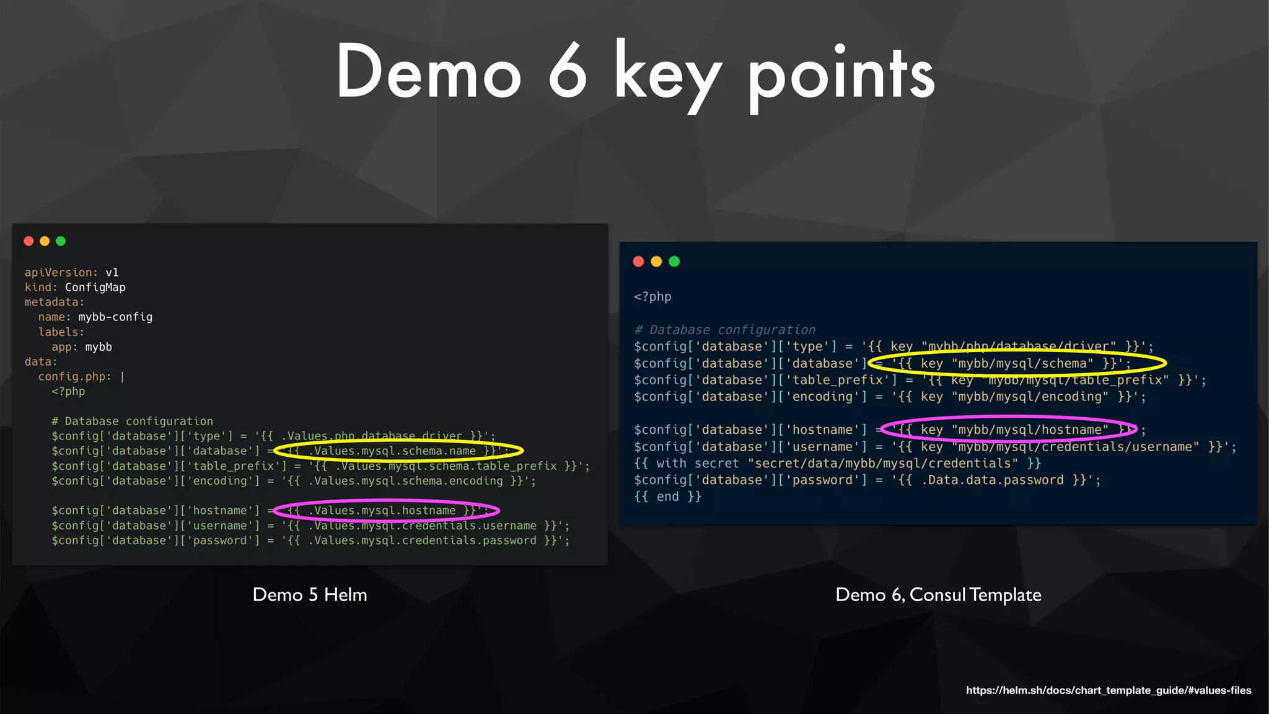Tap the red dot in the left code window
[x=29, y=241]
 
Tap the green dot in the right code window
[x=674, y=262]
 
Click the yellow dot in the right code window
[x=656, y=262]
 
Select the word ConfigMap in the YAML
[x=95, y=288]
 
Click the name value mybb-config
[x=115, y=317]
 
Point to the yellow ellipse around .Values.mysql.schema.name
[x=398, y=451]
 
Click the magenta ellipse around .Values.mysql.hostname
[x=386, y=511]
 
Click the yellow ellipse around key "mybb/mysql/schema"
[x=1016, y=363]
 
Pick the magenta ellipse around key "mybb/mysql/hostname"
[x=1009, y=430]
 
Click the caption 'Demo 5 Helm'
[x=310, y=595]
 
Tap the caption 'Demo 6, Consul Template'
[x=938, y=595]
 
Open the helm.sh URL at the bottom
[x=1108, y=690]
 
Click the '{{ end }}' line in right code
[x=667, y=497]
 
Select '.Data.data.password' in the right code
[x=992, y=480]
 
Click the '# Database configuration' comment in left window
[x=132, y=421]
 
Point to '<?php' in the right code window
[x=652, y=297]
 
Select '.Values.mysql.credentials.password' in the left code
[x=422, y=540]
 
